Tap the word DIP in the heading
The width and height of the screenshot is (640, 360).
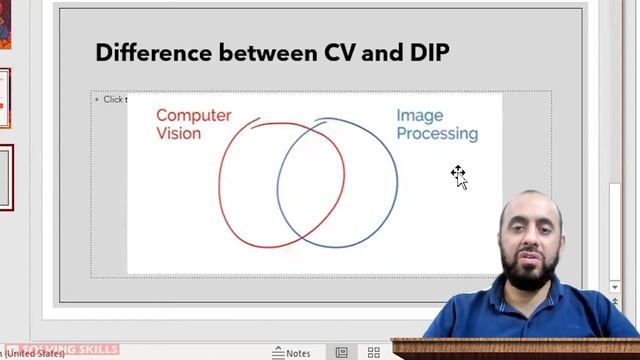click(427, 52)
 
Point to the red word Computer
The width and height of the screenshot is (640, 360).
click(193, 115)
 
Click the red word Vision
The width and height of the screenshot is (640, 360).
click(178, 133)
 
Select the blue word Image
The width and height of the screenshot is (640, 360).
click(419, 115)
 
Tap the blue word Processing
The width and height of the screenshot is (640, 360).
click(437, 133)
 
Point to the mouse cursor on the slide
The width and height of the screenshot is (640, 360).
click(458, 176)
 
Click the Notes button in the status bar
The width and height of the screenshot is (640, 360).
click(291, 353)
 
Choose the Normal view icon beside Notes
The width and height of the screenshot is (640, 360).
click(341, 353)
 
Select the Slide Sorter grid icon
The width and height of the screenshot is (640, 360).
click(374, 353)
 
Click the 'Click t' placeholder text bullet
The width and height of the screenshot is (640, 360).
click(113, 99)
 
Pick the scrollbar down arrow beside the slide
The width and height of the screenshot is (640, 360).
click(615, 288)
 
